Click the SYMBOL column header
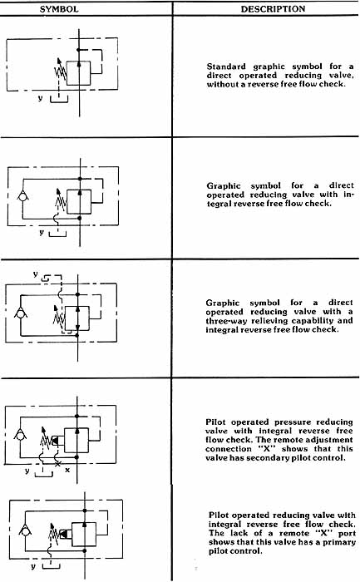(59, 9)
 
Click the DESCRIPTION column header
(274, 9)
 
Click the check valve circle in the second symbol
(23, 196)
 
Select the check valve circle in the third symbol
(21, 314)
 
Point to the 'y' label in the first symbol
(40, 98)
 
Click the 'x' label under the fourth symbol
(67, 470)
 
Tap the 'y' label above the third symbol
(35, 274)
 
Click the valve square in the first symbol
(78, 73)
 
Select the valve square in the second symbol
(79, 202)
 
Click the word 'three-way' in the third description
(226, 321)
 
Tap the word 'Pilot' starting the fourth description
(216, 422)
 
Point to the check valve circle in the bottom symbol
(25, 531)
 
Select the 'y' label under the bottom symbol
(33, 566)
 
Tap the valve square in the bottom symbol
(84, 534)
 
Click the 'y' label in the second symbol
(42, 232)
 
